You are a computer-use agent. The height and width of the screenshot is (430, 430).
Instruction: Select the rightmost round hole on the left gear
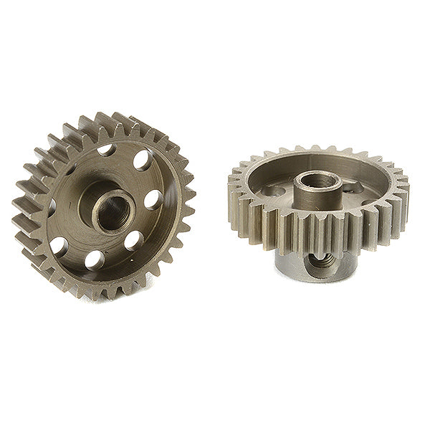(153, 200)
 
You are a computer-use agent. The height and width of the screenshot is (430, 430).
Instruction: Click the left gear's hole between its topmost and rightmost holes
(141, 161)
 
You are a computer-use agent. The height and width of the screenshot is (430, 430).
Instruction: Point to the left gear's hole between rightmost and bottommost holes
(133, 242)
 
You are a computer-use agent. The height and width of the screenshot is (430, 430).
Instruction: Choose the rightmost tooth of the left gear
(191, 193)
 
